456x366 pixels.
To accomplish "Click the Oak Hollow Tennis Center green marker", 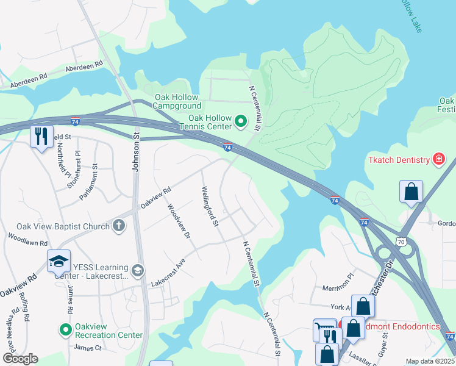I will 240,122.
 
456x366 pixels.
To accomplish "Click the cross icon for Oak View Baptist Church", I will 119,226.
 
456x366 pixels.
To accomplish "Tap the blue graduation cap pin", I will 59,261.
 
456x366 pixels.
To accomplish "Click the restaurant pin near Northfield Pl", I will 42,137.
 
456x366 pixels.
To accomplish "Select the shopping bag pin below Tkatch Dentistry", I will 411,191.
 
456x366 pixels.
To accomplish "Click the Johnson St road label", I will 137,154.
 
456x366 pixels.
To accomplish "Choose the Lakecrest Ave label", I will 168,272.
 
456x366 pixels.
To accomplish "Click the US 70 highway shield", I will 401,242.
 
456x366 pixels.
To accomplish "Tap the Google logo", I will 20,358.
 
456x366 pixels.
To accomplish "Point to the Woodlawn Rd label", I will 27,239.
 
